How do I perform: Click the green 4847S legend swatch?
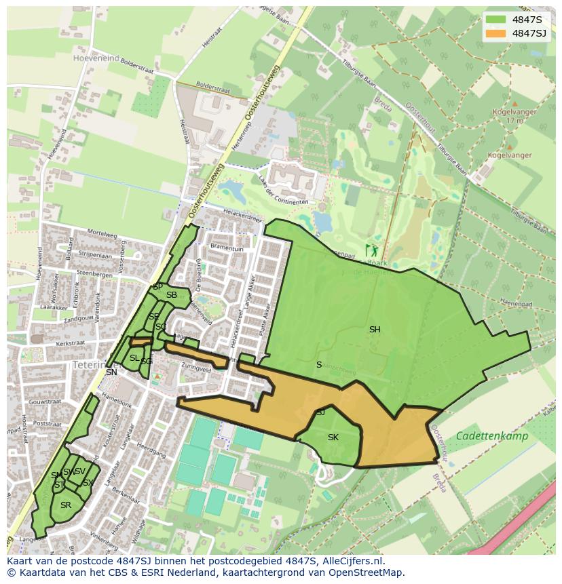point(495,19)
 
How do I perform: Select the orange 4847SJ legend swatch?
point(495,33)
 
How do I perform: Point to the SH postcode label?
point(375,330)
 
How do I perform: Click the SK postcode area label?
point(333,437)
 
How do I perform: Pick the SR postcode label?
point(66,505)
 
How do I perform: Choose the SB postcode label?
point(172,295)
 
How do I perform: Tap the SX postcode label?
point(88,483)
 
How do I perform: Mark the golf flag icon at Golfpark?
point(370,249)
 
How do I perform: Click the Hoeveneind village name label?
point(96,58)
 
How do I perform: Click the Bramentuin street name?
point(227,249)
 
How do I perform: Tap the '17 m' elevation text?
point(514,121)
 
